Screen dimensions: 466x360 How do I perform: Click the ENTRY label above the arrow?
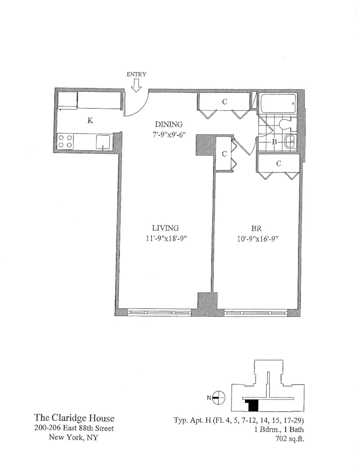coord(136,74)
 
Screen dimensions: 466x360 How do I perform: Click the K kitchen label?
coord(90,120)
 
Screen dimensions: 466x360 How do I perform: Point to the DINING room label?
coord(170,124)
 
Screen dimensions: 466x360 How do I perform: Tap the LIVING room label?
coord(165,228)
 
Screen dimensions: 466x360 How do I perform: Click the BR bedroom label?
coord(256,228)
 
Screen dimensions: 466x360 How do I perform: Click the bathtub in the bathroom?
coord(278,102)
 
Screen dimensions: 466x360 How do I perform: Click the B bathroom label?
coord(275,142)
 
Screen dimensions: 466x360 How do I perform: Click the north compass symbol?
coord(220,397)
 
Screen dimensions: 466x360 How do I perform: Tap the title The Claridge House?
coord(75,418)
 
